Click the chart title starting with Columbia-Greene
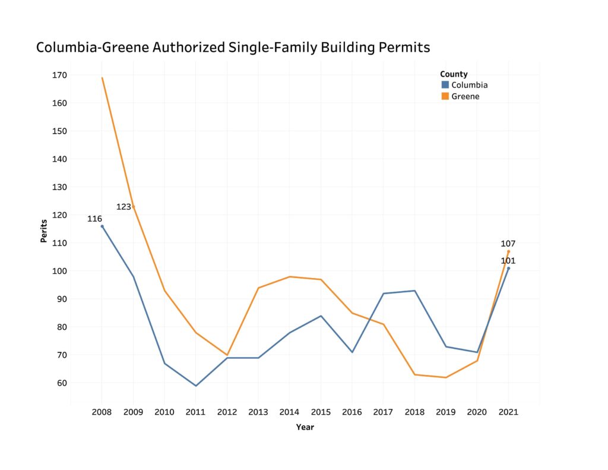point(233,48)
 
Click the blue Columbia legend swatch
point(445,85)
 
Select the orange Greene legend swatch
point(445,96)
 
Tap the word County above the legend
point(454,74)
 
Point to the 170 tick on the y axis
point(59,75)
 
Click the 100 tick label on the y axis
point(59,271)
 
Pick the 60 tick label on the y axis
point(62,383)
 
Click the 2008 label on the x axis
point(102,412)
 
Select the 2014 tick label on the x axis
point(290,412)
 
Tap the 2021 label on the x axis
point(508,412)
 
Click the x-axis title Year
point(305,427)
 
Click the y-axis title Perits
point(44,231)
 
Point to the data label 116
point(94,219)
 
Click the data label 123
point(123,207)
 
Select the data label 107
point(508,244)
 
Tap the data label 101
point(508,261)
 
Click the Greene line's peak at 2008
point(102,78)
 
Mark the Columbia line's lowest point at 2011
point(196,386)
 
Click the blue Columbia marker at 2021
point(508,268)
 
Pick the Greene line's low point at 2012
point(227,355)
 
